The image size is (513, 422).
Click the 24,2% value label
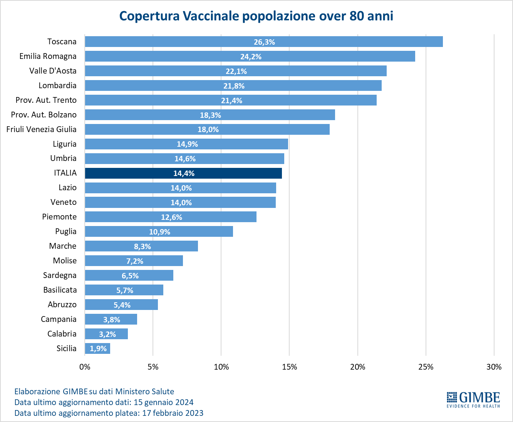point(251,57)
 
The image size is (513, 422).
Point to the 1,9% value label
point(98,348)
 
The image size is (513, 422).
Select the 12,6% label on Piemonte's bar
point(171,217)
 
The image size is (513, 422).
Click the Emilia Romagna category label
point(48,56)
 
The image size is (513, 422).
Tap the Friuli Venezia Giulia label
point(42,129)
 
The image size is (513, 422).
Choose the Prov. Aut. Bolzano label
point(44,115)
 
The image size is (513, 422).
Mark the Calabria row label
point(62,334)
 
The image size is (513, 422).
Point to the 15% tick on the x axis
point(289,367)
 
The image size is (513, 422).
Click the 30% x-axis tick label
point(494,367)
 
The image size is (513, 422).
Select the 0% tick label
point(85,367)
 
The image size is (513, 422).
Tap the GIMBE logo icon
point(451,398)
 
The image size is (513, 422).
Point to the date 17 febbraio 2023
point(173,413)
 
